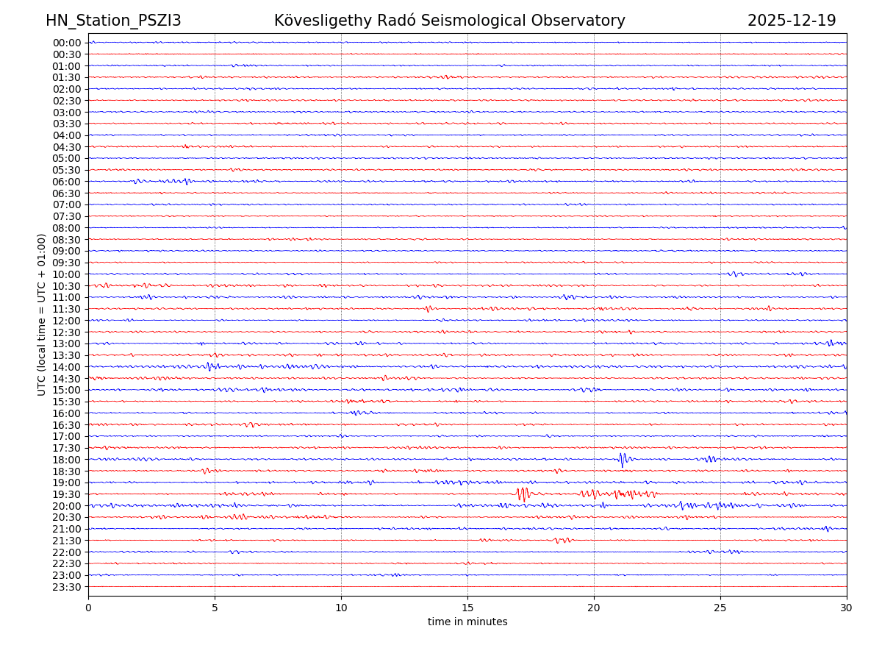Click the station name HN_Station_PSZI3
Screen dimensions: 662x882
point(113,21)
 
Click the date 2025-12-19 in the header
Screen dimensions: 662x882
point(792,21)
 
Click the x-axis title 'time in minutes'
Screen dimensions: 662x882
point(467,622)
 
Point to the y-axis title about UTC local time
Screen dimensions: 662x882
point(42,315)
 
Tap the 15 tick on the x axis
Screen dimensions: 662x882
point(467,608)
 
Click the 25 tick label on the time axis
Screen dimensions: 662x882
point(720,608)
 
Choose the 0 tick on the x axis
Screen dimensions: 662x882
point(88,608)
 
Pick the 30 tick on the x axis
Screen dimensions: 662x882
point(847,608)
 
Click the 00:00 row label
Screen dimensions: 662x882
point(67,43)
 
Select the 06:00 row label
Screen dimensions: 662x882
point(67,182)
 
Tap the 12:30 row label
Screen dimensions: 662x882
point(67,332)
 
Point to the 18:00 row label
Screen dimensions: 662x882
point(67,460)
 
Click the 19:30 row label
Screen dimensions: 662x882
point(67,494)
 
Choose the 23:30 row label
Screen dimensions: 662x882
point(67,587)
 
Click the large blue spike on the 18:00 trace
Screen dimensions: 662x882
point(622,460)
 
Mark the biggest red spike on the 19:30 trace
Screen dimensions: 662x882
point(523,494)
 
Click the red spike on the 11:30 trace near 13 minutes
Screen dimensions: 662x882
point(428,309)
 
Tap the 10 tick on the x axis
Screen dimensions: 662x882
point(341,608)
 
